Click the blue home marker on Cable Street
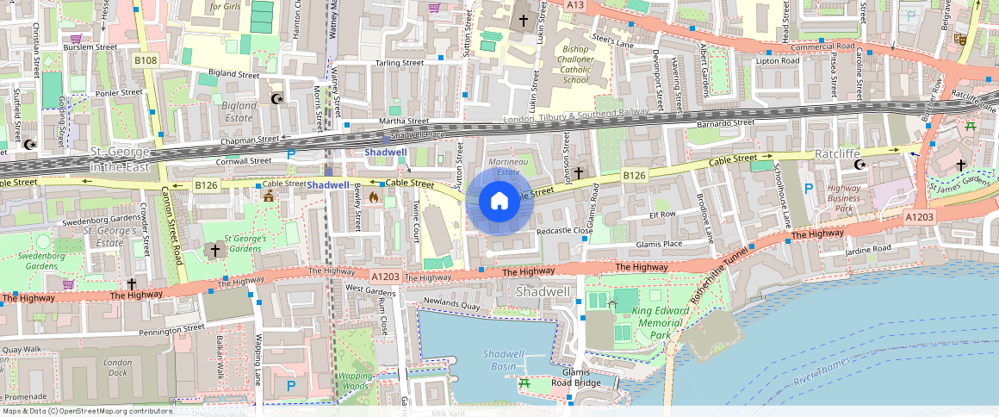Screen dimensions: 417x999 pyautogui.click(x=499, y=201)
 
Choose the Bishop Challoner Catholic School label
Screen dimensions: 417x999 pyautogui.click(x=575, y=65)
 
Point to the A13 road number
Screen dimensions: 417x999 pyautogui.click(x=575, y=5)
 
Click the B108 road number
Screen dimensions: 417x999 pyautogui.click(x=146, y=60)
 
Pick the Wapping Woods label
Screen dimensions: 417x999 pyautogui.click(x=355, y=381)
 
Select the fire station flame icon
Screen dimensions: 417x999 pyautogui.click(x=374, y=197)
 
